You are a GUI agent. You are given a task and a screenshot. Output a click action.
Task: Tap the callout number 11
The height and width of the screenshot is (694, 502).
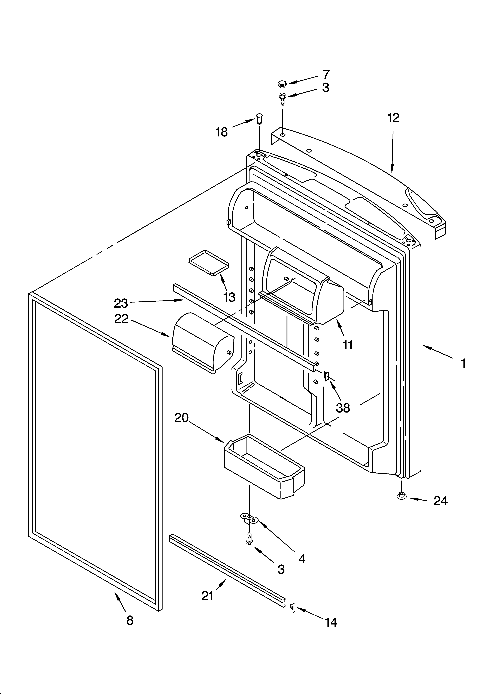(x=348, y=345)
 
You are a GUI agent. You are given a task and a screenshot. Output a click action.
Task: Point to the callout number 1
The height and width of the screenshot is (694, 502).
(x=463, y=364)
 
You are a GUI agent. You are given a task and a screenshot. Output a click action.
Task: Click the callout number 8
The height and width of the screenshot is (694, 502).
(x=130, y=620)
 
